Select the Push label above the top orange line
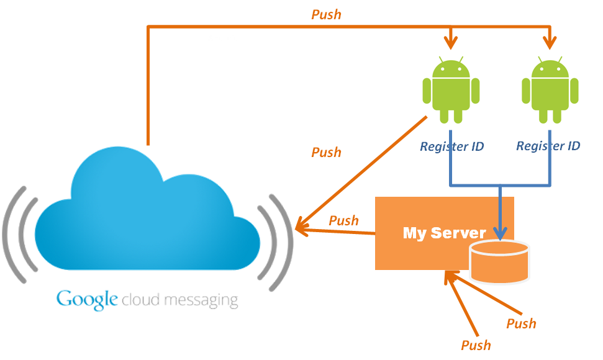pos(326,14)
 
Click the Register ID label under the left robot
pos(451,146)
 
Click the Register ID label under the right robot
pos(548,146)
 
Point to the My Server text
pos(444,233)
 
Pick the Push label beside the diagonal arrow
pos(326,152)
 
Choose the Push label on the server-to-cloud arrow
pos(343,220)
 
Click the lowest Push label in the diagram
pos(476,344)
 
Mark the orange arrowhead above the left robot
pos(451,41)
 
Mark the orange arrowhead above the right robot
pos(550,41)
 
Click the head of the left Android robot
pos(451,68)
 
